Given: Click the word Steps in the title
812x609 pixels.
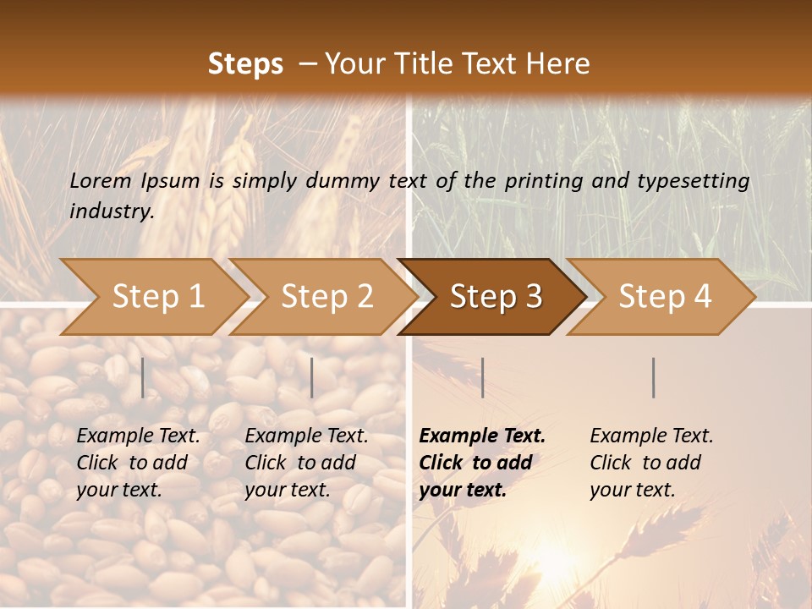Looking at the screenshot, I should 245,64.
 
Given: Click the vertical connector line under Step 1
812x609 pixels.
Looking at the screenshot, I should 143,377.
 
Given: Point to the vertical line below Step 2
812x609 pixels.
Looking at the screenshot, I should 312,377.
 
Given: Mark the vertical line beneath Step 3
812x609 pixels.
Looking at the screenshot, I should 482,377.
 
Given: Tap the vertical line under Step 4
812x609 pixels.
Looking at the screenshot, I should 654,377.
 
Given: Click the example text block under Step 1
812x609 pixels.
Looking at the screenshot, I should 138,463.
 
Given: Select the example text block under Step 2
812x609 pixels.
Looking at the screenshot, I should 306,463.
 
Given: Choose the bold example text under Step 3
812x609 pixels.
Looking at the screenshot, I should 482,463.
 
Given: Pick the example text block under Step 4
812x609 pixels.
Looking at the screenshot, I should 651,463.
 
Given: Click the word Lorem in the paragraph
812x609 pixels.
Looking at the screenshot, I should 101,180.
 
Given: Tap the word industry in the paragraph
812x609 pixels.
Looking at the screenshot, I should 112,211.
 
